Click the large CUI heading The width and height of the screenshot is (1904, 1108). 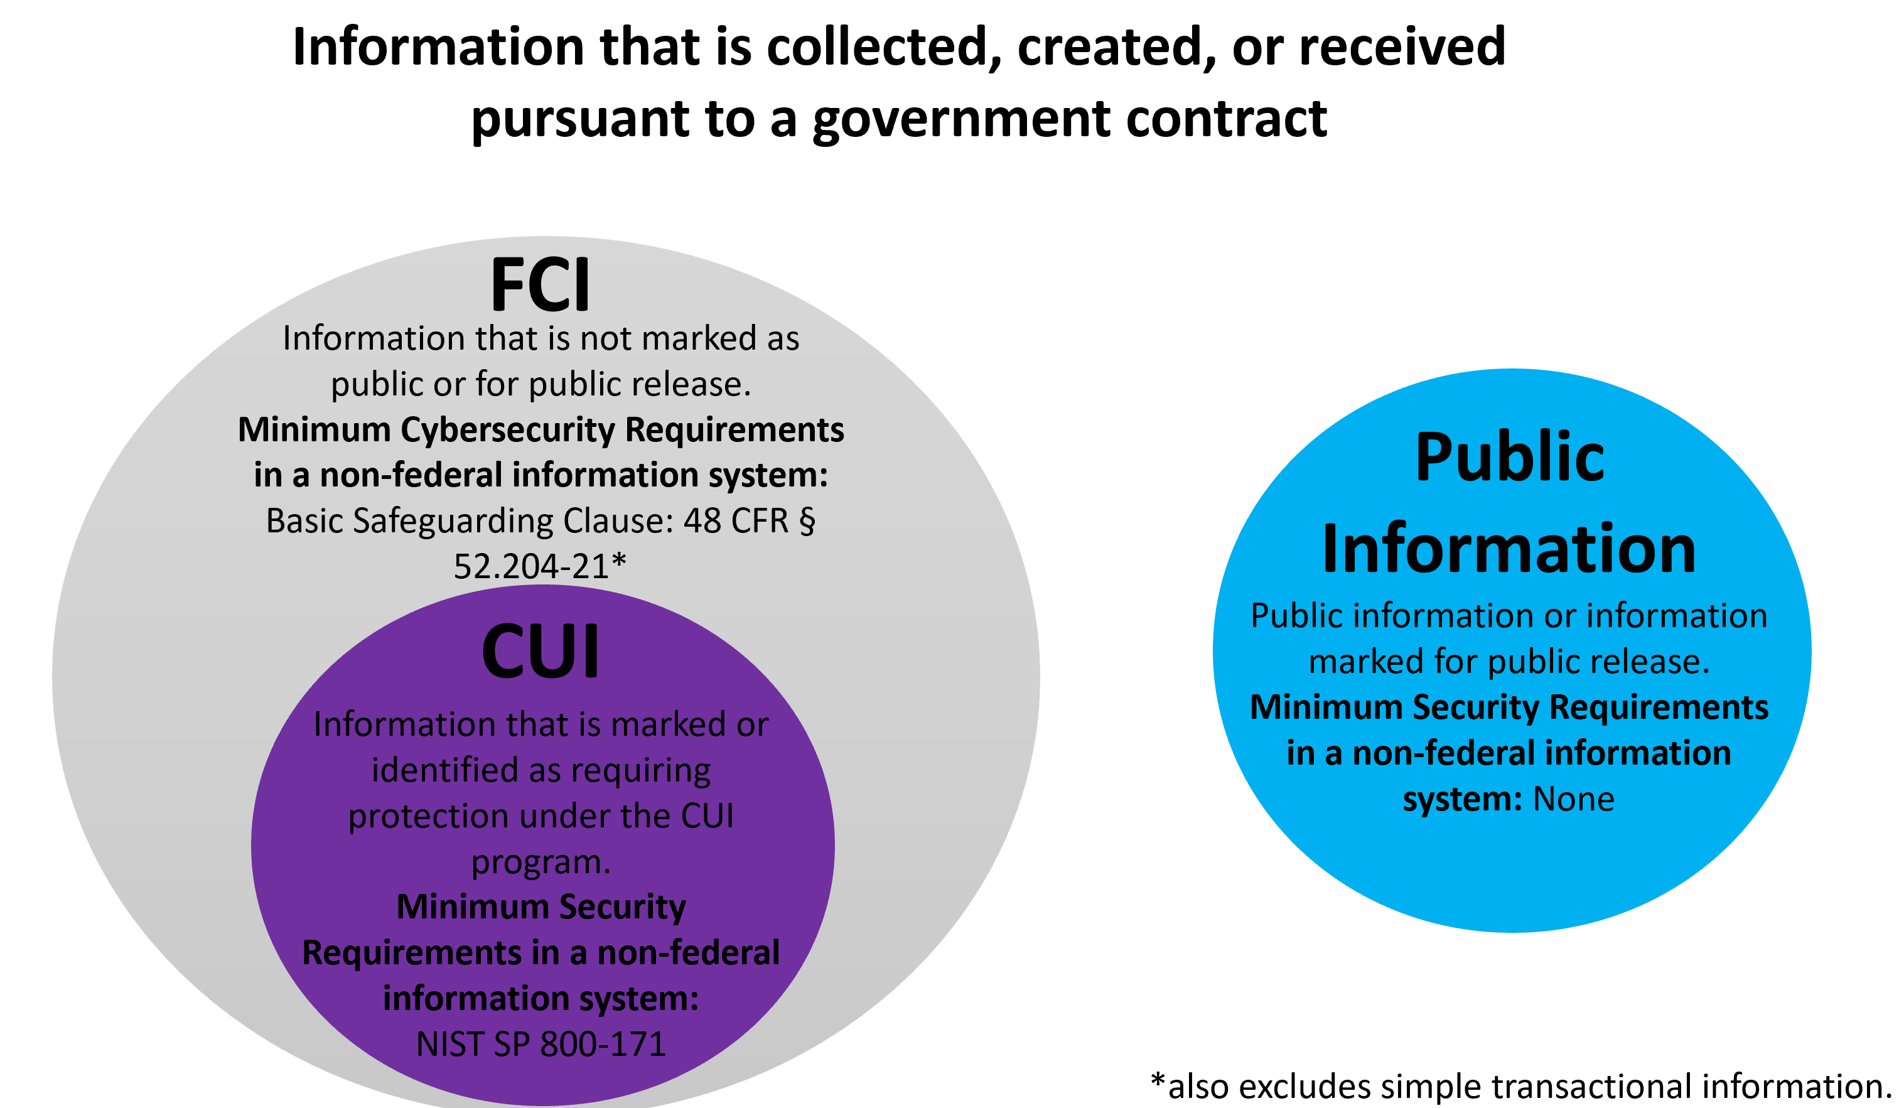tap(541, 652)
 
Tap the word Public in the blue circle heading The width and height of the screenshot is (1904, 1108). tap(1509, 458)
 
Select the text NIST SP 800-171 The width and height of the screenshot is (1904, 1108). tap(541, 1045)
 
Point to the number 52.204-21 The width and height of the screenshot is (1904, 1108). tap(531, 567)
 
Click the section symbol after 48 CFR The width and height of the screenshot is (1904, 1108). tap(807, 522)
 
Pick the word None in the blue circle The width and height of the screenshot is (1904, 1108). tap(1573, 799)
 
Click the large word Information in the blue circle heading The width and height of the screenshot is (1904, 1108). tap(1509, 549)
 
